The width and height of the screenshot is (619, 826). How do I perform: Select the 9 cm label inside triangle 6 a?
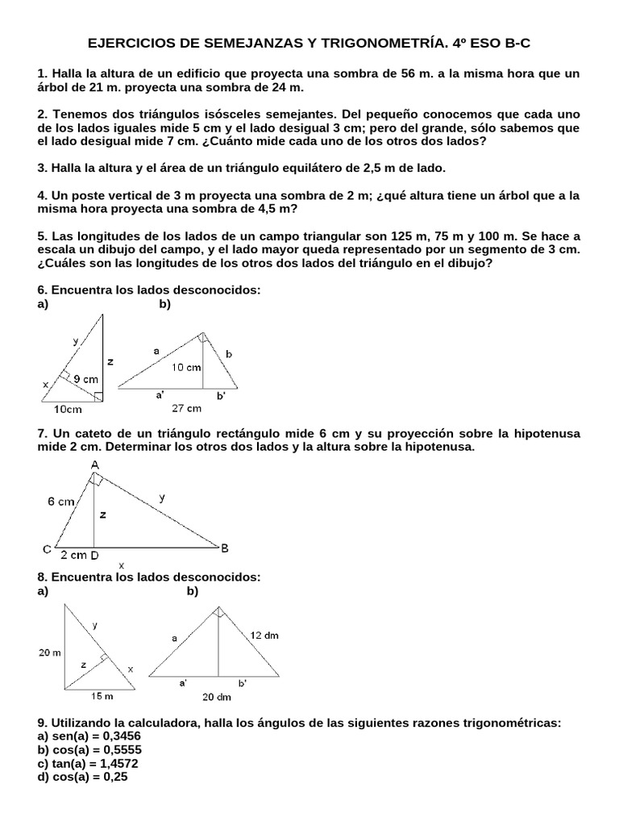point(86,378)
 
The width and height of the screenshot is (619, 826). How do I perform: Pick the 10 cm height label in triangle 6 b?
point(186,367)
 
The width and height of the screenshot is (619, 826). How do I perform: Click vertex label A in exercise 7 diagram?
point(95,465)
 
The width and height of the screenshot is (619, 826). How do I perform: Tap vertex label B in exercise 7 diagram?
point(225,548)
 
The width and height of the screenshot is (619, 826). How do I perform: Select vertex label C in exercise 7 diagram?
point(48,549)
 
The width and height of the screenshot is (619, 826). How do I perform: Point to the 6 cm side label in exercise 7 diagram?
point(61,501)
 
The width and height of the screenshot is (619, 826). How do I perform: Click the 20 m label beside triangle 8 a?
point(49,653)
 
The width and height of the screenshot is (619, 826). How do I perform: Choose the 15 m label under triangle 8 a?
point(101,695)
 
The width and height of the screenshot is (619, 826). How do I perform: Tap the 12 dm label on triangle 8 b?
point(264,635)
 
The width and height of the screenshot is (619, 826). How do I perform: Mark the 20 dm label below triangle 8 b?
point(216,696)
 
